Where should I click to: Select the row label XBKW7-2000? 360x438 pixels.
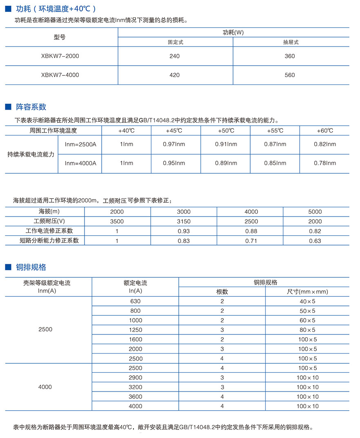60,56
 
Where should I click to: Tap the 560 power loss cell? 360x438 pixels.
289,75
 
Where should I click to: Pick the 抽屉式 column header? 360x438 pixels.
291,42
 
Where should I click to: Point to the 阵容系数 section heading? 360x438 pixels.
31,107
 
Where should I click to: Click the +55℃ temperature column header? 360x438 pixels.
275,131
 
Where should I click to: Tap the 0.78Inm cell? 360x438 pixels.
325,163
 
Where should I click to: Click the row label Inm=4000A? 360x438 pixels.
80,163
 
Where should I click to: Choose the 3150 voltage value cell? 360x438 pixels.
184,221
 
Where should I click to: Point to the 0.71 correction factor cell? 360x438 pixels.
250,241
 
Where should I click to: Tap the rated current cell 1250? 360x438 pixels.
135,330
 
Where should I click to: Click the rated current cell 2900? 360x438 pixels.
135,378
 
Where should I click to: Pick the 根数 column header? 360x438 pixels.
222,292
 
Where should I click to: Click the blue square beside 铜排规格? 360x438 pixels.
8,267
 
